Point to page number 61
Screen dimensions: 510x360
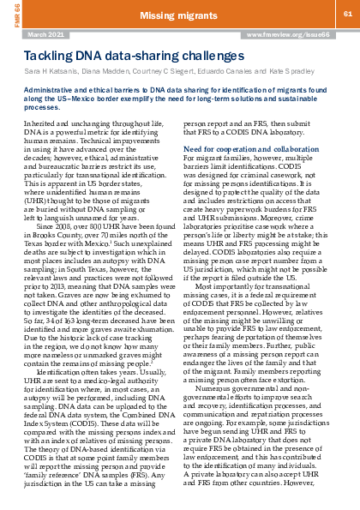coord(348,15)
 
